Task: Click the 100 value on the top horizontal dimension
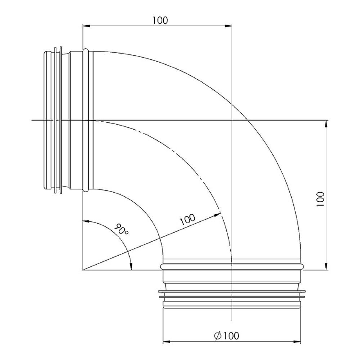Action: (x=160, y=20)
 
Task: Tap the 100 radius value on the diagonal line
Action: (x=187, y=219)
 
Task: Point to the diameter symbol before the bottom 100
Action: (x=217, y=336)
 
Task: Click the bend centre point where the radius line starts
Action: (x=83, y=270)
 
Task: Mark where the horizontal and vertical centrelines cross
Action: (x=232, y=120)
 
